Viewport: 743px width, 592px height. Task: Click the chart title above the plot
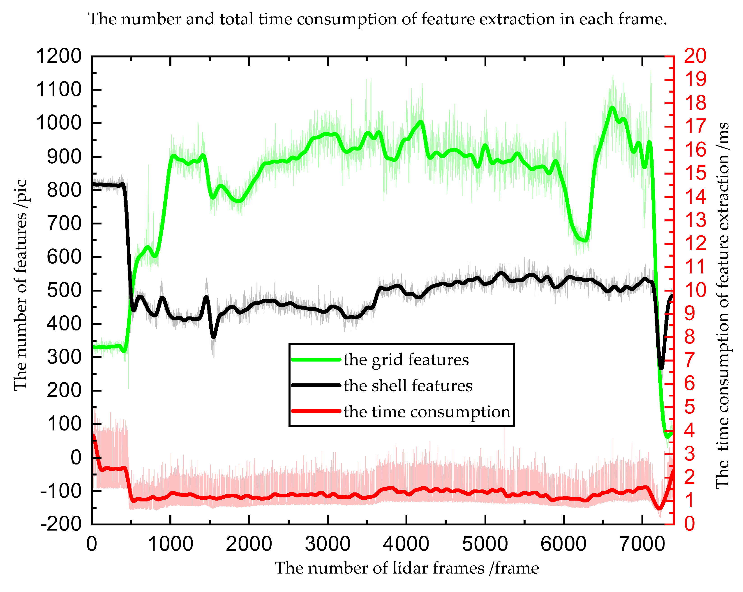tap(377, 19)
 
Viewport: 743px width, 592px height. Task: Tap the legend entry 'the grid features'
tap(406, 360)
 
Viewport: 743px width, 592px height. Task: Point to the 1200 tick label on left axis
tap(59, 56)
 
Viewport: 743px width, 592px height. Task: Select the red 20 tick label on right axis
tap(695, 56)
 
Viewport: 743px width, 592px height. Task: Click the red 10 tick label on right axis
tap(695, 290)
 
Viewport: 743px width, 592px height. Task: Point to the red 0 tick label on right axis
tap(690, 524)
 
